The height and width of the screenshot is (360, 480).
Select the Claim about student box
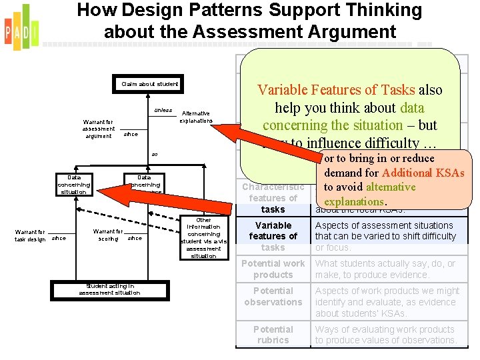149,84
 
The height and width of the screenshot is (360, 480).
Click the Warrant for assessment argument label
99,129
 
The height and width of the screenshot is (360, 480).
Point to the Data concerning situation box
73,185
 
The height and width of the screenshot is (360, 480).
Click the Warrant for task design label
31,235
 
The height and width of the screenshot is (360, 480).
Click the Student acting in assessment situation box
109,289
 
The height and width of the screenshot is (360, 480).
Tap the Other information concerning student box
203,238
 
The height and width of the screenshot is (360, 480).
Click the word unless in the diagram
163,111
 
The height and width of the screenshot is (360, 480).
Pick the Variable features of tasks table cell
273,236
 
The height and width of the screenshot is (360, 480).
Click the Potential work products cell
273,269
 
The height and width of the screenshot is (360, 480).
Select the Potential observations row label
273,296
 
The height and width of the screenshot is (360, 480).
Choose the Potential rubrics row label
273,335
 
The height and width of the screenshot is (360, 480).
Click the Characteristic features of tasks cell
273,198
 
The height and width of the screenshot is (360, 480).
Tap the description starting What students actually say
386,269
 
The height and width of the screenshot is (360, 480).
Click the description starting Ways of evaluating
386,335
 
